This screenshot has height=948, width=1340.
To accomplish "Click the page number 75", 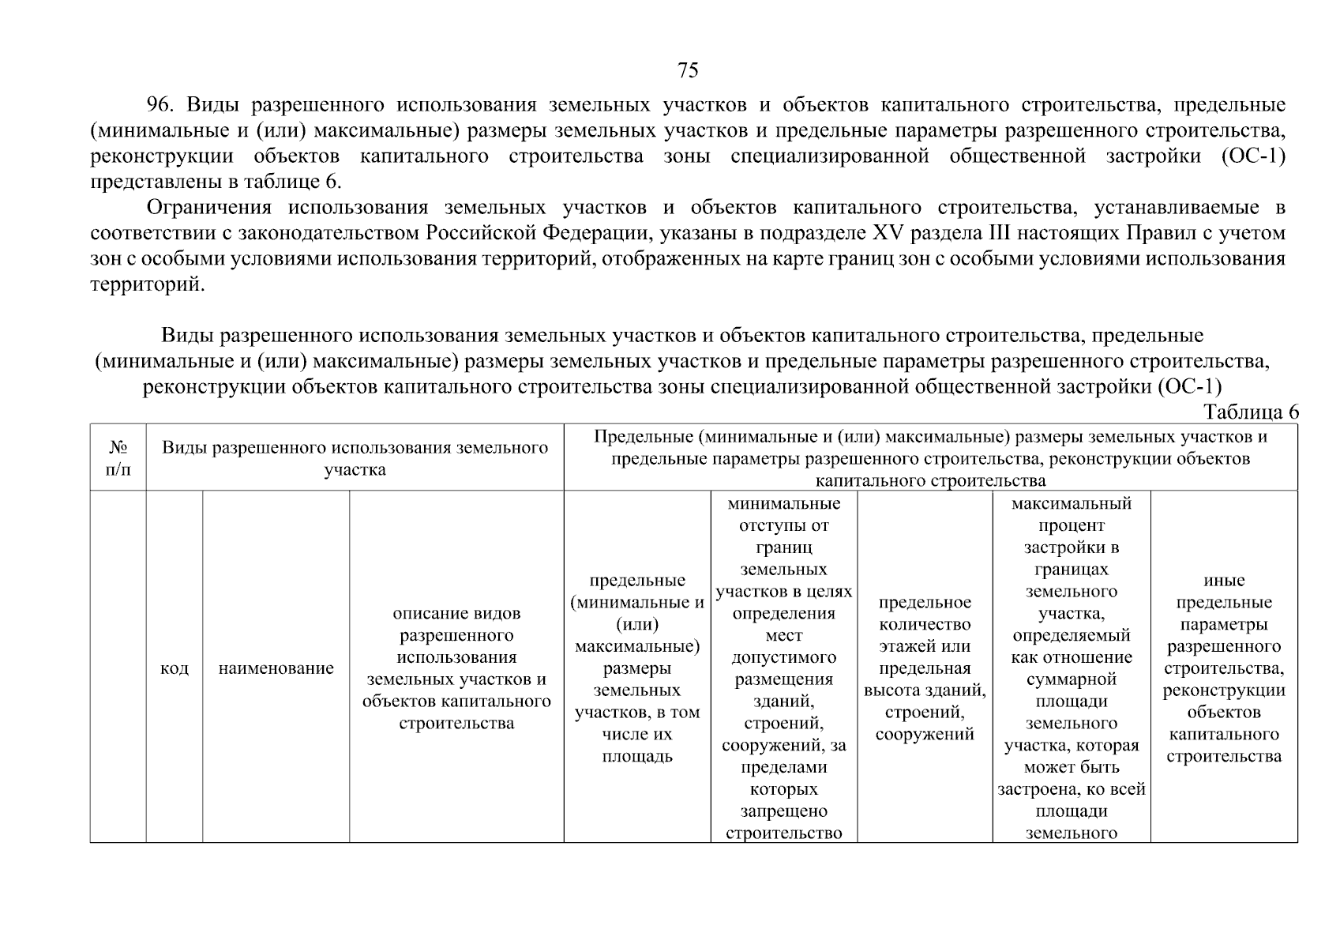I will [x=688, y=71].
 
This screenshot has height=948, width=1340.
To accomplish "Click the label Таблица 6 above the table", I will [x=1251, y=412].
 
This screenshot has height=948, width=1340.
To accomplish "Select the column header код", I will [x=175, y=668].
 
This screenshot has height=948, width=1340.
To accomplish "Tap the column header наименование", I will [x=276, y=668].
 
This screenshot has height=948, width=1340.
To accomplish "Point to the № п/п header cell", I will [x=118, y=458].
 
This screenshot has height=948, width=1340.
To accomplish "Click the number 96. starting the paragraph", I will [x=165, y=105].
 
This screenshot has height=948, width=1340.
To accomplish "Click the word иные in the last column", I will [x=1224, y=581].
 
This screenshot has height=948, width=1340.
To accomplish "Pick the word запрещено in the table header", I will [x=783, y=811].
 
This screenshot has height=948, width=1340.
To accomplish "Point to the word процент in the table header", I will [x=1072, y=525].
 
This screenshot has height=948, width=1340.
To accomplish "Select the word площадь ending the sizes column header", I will [x=637, y=756].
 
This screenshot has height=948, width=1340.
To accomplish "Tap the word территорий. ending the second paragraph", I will [x=148, y=284].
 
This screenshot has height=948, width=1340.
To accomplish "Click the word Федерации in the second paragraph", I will [x=587, y=233].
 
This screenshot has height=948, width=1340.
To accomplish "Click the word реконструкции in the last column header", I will [x=1224, y=690].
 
